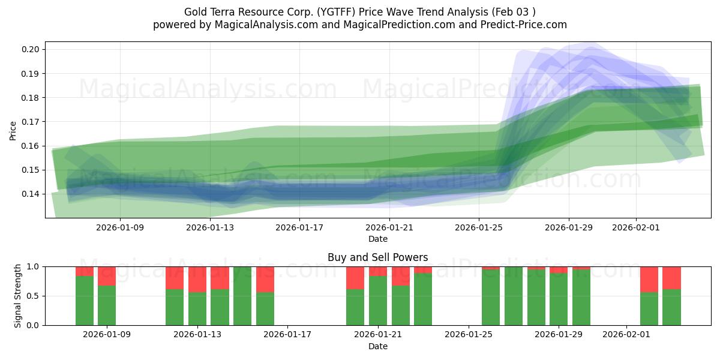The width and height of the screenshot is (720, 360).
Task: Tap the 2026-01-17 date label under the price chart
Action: (x=300, y=227)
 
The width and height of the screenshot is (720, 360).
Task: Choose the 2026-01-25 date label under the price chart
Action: (x=479, y=227)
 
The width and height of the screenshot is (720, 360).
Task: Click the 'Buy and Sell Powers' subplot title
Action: (x=377, y=257)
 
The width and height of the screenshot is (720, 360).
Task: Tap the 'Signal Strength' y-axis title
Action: (x=18, y=296)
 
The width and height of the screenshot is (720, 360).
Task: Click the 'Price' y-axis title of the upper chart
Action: (x=13, y=131)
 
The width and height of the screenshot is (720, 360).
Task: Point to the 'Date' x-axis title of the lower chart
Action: (x=377, y=346)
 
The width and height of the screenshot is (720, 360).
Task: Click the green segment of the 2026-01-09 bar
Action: (x=107, y=306)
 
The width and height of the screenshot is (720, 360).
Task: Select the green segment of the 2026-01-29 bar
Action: (x=559, y=300)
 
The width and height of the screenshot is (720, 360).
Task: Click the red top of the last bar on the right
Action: (x=671, y=277)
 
